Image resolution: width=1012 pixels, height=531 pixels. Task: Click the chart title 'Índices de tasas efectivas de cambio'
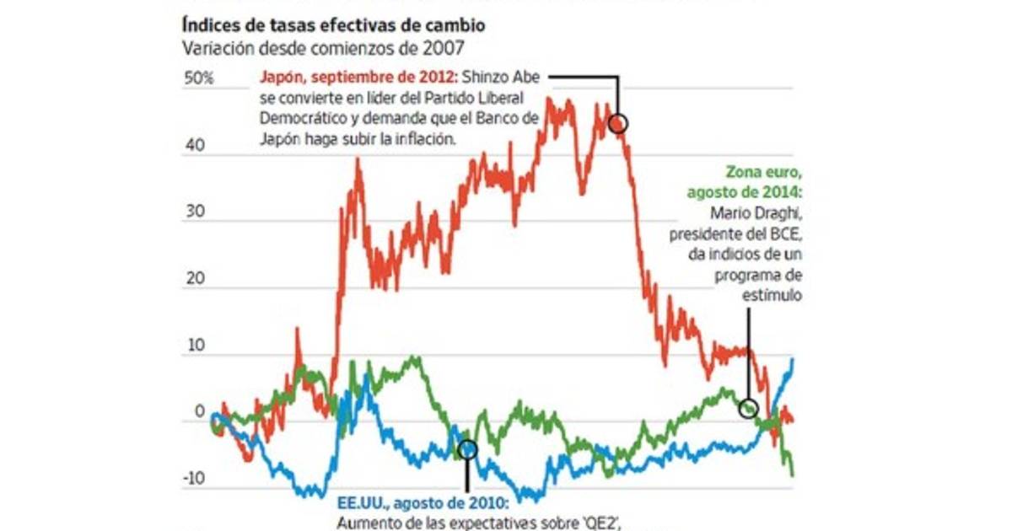[x=333, y=26]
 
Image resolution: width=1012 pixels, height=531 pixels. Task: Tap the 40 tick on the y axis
[x=196, y=145]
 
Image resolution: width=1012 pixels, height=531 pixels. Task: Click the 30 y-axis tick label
[x=196, y=212]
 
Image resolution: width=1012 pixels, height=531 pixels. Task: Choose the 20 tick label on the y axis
[x=196, y=279]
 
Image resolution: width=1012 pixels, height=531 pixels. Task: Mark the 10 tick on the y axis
[x=196, y=346]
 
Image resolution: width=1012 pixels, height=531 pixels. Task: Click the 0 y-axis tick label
[x=200, y=412]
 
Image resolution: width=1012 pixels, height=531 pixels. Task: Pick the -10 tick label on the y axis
[x=194, y=479]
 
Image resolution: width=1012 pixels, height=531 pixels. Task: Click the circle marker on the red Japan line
[x=618, y=123]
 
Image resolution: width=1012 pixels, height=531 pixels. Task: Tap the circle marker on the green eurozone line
[x=748, y=409]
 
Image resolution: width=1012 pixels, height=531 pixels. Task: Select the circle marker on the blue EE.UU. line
[x=467, y=450]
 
